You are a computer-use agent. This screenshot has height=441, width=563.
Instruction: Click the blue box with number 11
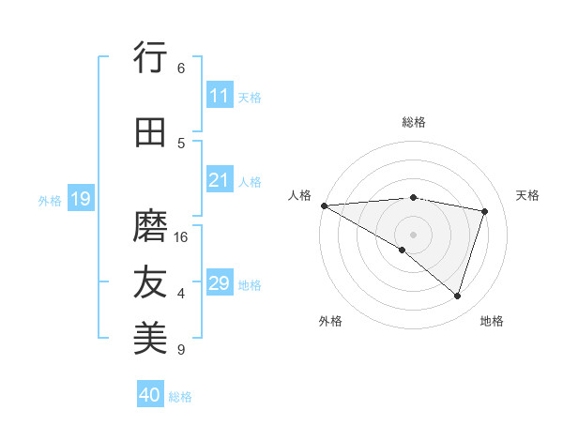(220, 96)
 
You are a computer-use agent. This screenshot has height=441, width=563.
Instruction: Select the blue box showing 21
(220, 180)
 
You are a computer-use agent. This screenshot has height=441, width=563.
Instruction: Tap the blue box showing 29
(220, 283)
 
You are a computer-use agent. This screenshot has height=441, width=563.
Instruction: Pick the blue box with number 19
(80, 199)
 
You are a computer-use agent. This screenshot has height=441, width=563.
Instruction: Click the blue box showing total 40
(150, 395)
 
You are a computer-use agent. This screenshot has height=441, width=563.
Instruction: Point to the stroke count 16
(182, 237)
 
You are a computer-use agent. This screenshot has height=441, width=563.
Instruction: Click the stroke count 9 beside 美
(181, 350)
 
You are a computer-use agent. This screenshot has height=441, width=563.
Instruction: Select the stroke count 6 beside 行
(181, 68)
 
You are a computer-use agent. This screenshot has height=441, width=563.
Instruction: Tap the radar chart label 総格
(413, 122)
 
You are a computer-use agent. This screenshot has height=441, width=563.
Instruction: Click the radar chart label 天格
(527, 195)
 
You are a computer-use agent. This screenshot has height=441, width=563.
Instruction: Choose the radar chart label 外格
(330, 321)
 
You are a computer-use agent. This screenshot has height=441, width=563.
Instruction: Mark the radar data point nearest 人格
(324, 205)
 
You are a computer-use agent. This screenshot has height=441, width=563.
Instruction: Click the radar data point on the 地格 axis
(457, 296)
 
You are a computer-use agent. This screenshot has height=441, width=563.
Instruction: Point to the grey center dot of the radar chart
(413, 234)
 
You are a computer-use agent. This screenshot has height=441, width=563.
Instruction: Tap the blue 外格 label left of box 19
(50, 200)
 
